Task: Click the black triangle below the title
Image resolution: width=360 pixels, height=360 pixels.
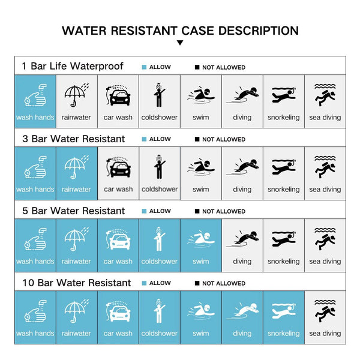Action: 180,43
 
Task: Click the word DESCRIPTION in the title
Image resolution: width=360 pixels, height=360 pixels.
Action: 259,31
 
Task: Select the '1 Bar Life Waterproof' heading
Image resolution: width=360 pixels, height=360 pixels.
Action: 73,66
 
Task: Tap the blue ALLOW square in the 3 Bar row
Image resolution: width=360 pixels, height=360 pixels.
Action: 144,139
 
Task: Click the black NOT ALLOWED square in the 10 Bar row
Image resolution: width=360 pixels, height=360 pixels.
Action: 197,283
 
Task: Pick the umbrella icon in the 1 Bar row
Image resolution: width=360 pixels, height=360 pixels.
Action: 76,95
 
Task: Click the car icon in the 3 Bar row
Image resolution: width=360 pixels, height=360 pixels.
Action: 118,167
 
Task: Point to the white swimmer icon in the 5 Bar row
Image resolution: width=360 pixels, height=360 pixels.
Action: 201,240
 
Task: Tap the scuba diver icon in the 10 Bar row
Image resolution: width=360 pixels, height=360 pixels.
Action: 325,311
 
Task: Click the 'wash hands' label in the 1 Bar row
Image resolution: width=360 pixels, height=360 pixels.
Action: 35,118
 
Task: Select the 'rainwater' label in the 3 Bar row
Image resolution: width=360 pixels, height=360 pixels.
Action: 76,190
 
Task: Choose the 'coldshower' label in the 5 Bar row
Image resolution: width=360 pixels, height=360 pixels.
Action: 160,261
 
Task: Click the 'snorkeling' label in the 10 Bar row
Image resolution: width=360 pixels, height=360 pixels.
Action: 284,334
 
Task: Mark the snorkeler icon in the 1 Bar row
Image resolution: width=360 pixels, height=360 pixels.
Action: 284,95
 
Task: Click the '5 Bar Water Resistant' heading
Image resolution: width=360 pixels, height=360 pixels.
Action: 73,211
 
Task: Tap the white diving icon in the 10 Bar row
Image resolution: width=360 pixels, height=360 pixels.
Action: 242,311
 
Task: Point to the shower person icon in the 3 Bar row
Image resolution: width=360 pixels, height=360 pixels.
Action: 159,167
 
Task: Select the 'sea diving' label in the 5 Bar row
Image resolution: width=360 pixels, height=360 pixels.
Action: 325,262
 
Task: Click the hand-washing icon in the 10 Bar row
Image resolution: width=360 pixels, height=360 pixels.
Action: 35,311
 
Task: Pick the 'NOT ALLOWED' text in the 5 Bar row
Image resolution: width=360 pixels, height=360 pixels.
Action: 224,211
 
